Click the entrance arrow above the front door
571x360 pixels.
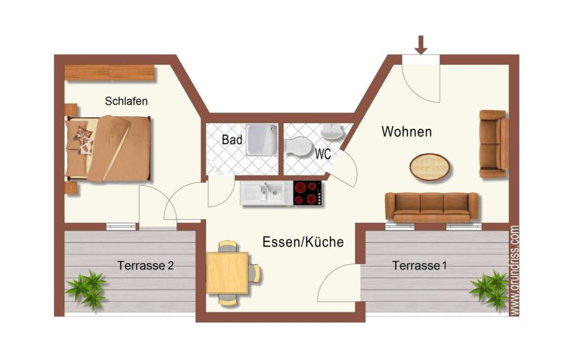[x=421, y=45]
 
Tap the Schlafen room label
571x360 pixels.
[x=126, y=101]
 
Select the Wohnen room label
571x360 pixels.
[x=407, y=131]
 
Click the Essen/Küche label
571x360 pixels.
[x=303, y=242]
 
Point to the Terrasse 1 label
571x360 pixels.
[x=419, y=265]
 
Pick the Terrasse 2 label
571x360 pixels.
[x=145, y=265]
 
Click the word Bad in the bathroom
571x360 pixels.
[x=232, y=140]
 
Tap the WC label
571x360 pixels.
[x=323, y=154]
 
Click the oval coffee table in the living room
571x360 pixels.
[x=430, y=167]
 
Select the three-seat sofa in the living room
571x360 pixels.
[x=431, y=207]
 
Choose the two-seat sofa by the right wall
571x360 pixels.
[x=494, y=144]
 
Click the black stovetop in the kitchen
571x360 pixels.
[x=308, y=193]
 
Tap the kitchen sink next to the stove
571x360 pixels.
[x=266, y=193]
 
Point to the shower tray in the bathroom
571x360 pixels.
[x=262, y=140]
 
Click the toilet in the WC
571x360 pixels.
[x=296, y=147]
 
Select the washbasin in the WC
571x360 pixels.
[x=332, y=131]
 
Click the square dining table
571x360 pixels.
[x=228, y=272]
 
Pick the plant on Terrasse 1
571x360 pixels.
[x=489, y=290]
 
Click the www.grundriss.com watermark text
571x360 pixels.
[x=514, y=270]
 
